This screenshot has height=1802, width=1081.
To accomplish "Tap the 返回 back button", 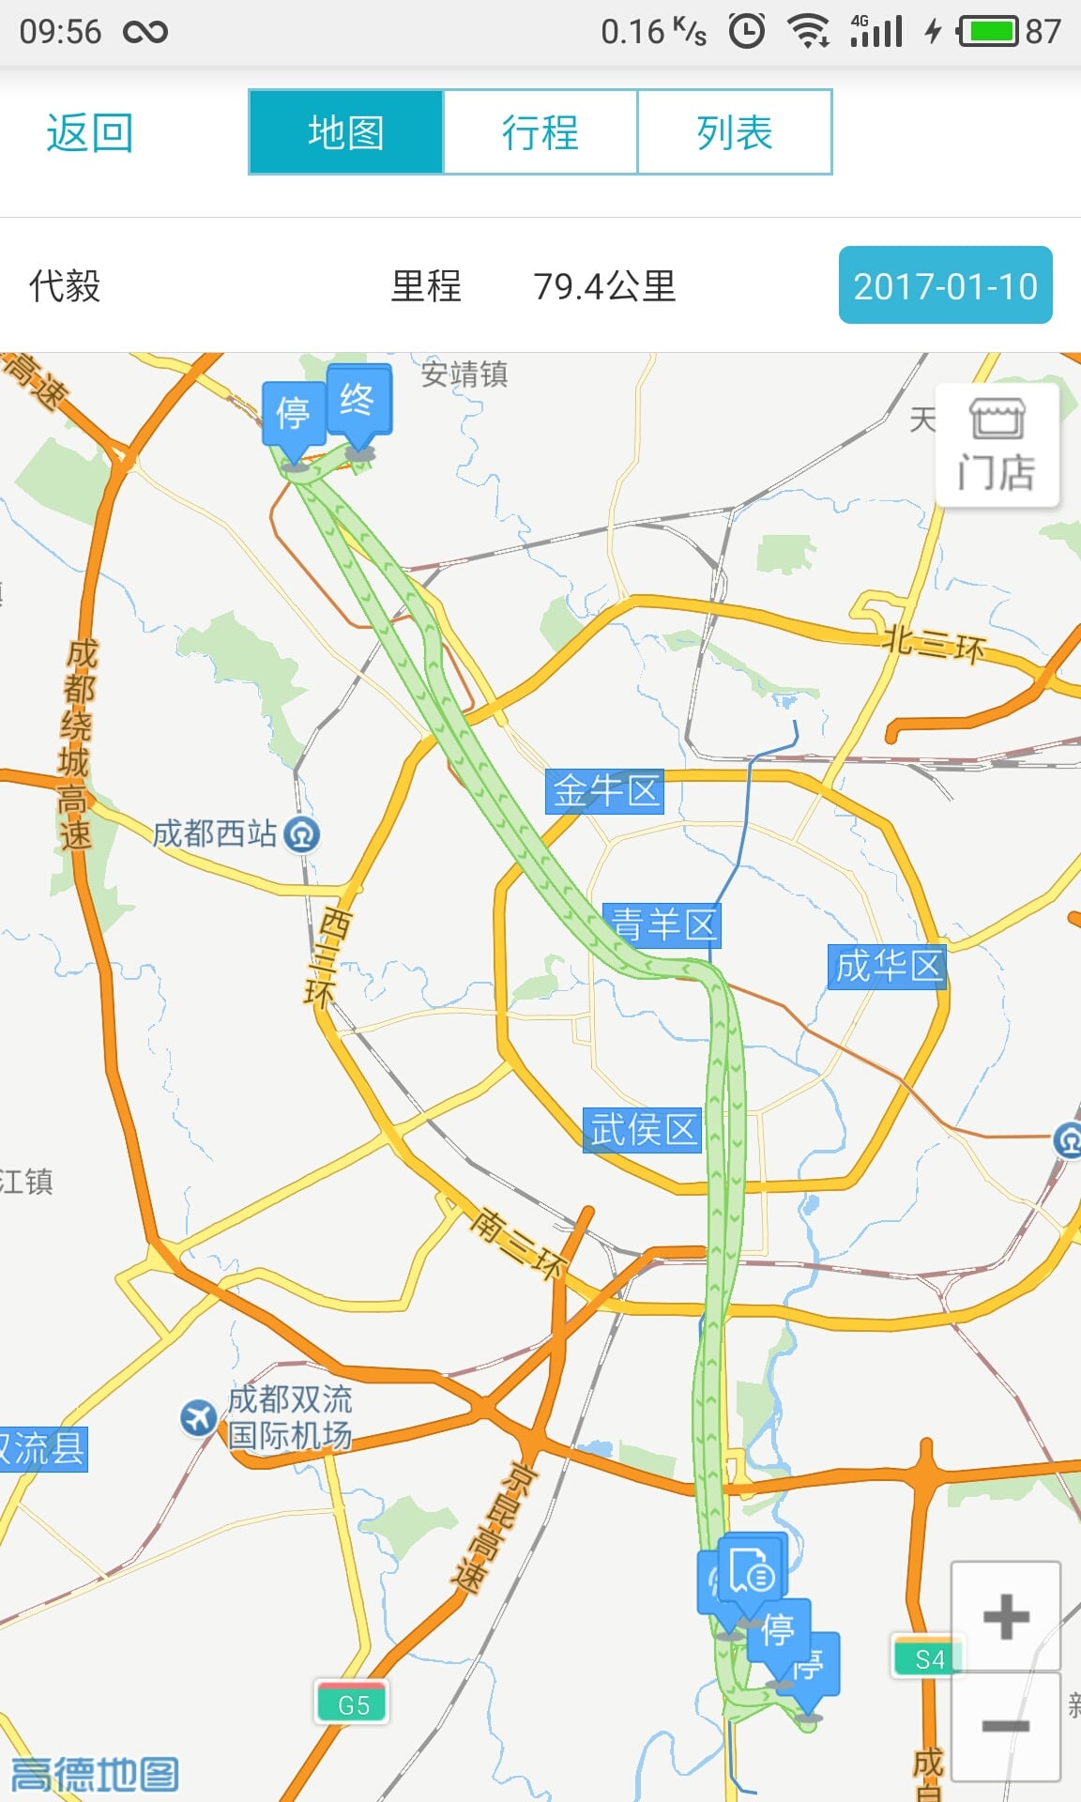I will click(89, 132).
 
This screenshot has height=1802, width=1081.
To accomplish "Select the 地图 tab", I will click(345, 132).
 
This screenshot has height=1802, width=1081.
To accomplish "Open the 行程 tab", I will click(540, 132).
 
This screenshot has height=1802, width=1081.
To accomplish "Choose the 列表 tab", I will click(735, 132).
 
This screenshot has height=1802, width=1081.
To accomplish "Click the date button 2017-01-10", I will click(945, 285).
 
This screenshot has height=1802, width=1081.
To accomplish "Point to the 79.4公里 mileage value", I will click(604, 286).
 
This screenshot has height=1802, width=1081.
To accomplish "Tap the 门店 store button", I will click(997, 446).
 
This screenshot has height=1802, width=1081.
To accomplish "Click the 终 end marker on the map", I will click(358, 402).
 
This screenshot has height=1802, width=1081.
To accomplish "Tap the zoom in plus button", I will click(1006, 1616).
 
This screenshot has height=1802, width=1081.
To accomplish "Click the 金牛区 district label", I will click(605, 791).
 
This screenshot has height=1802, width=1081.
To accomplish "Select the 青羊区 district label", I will click(662, 924).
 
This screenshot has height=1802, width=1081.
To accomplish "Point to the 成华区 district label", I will click(888, 966).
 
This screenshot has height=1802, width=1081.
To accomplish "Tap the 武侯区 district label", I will click(643, 1129).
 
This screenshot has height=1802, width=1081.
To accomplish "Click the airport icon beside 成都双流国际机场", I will click(198, 1417).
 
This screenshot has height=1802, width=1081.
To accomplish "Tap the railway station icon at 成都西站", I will click(302, 833).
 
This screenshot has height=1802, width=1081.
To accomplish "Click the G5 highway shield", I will click(353, 1704).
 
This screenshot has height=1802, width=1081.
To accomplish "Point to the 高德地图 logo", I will click(94, 1774).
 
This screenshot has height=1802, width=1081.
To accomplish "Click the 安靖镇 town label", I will click(464, 374).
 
